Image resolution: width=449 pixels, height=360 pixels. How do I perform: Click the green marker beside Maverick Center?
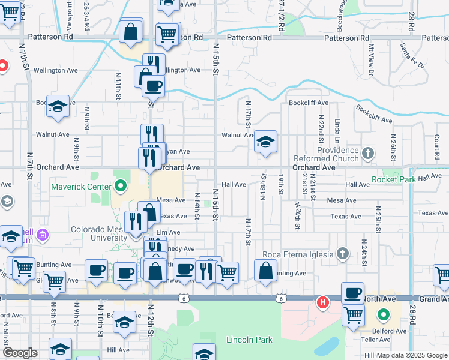(121, 186)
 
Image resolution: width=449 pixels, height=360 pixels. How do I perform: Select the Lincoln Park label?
(249, 340)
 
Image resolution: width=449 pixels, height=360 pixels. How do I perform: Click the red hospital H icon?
(323, 302)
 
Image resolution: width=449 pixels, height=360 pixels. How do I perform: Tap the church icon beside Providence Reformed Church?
(368, 154)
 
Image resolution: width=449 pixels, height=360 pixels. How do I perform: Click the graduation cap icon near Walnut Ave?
(265, 142)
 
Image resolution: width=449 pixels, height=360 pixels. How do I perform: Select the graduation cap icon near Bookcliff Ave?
(58, 106)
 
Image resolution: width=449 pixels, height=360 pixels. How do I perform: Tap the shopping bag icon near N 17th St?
(265, 270)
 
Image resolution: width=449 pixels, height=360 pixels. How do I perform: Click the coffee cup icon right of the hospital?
(352, 293)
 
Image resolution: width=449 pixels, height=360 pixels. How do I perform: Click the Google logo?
(20, 353)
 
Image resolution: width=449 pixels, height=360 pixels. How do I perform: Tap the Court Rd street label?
(436, 142)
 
